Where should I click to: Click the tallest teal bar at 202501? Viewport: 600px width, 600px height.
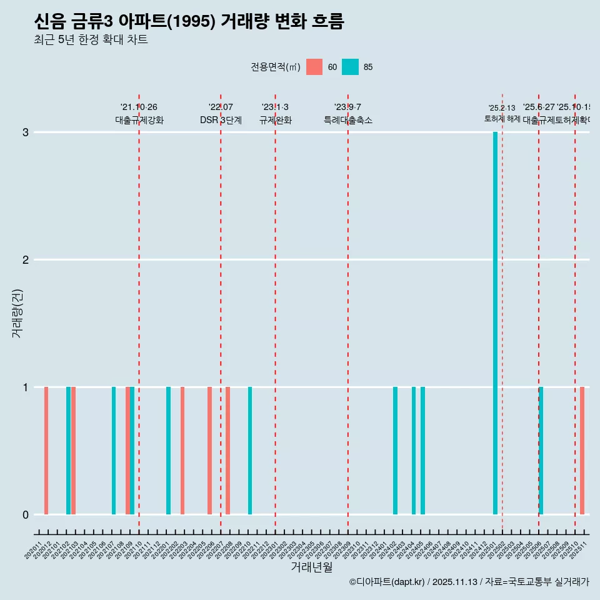495,323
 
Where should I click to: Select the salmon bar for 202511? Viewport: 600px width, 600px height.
582,451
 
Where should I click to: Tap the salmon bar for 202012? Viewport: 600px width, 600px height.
46,451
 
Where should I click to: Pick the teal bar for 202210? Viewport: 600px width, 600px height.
250,451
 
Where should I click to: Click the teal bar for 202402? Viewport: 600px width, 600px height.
395,451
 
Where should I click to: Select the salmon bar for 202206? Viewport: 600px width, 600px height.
209,451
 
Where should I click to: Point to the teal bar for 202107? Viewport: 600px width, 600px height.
114,451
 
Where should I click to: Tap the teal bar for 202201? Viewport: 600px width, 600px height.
168,451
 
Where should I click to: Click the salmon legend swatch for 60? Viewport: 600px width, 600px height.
314,67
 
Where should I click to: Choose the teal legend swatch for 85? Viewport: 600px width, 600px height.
351,67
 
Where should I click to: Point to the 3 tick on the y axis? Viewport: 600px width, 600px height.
26,132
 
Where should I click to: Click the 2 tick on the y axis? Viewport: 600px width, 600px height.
26,260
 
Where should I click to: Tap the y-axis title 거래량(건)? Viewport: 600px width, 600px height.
17,312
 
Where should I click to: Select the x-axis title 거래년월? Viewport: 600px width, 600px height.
311,567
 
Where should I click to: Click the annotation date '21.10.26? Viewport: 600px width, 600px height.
139,107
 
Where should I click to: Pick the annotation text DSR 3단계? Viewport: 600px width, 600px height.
221,120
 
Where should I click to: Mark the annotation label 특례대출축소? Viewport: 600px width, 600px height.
347,120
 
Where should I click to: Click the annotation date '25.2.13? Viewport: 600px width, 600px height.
502,108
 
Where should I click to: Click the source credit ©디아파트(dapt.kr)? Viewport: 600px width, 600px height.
387,582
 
